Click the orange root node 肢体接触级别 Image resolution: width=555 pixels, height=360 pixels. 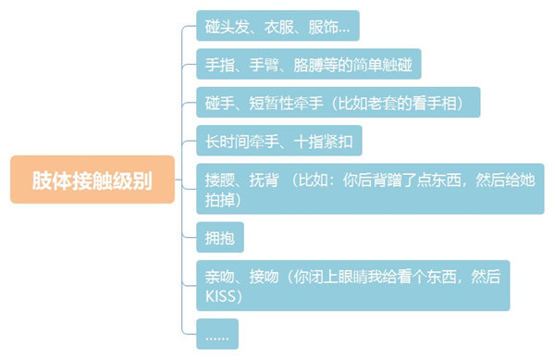(x=92, y=180)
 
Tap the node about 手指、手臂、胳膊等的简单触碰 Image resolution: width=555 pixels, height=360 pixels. (x=308, y=65)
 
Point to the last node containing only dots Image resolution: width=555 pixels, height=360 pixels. (x=217, y=334)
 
